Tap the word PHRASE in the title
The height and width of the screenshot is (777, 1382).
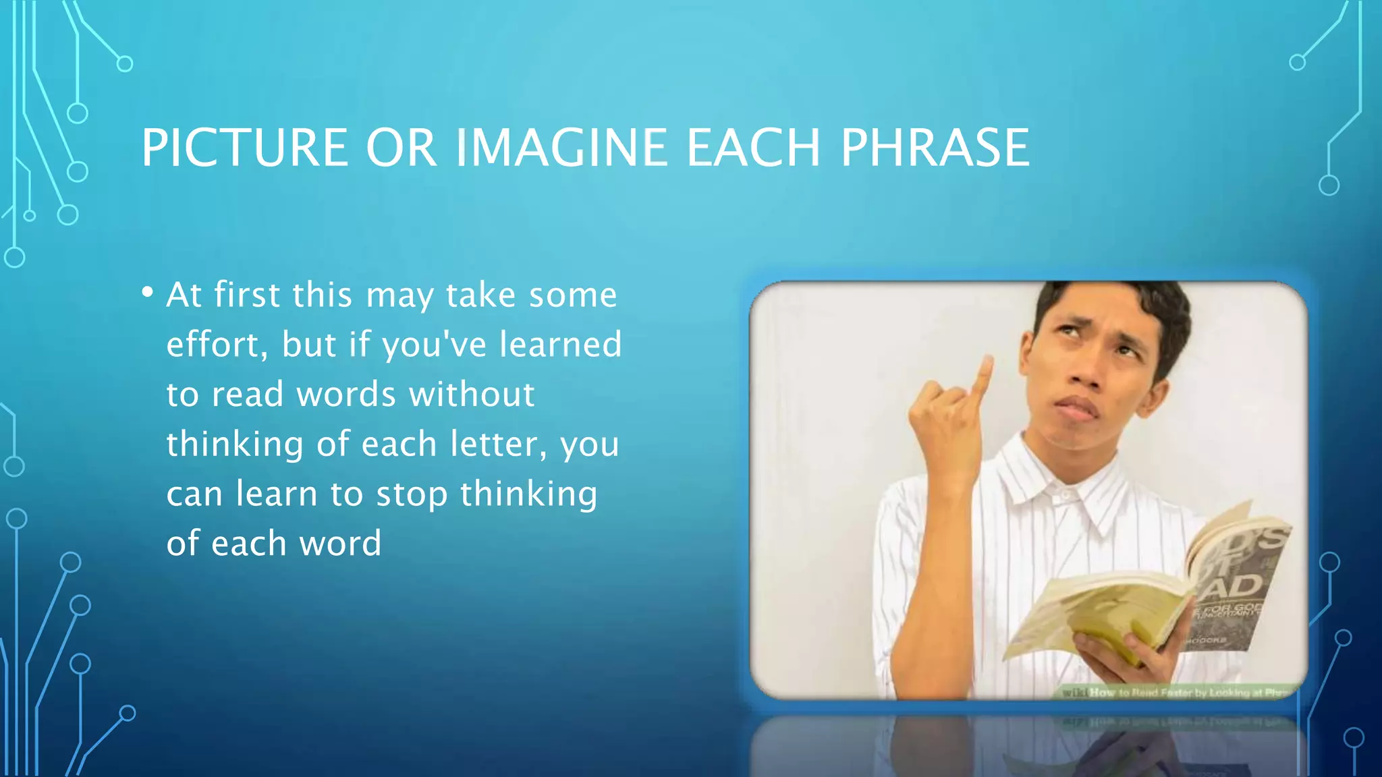click(935, 148)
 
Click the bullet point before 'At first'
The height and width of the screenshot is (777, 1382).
click(148, 293)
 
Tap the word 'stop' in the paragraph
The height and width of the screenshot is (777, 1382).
click(412, 494)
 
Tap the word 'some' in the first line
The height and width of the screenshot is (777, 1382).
click(572, 295)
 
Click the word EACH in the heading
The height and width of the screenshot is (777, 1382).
click(753, 148)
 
